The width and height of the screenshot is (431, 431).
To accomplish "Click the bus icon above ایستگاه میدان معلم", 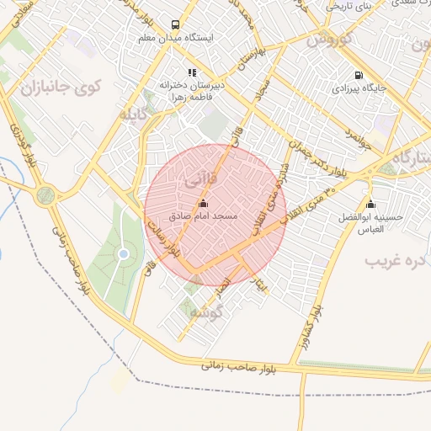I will click(x=174, y=25).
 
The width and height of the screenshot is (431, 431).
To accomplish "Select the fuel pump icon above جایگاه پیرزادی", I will click(x=360, y=74).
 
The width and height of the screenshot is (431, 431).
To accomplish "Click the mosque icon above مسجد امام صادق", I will click(x=203, y=204).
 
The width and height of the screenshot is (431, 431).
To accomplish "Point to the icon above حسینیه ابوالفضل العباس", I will click(x=371, y=204).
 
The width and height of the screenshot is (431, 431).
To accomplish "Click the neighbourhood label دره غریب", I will click(x=396, y=261).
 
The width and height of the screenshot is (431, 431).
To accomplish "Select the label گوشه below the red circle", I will click(x=205, y=312).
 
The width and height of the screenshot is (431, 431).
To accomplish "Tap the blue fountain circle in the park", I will click(x=124, y=253).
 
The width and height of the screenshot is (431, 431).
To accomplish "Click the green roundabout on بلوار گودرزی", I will click(x=45, y=195).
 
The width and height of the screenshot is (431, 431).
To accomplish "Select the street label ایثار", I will click(x=263, y=285).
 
